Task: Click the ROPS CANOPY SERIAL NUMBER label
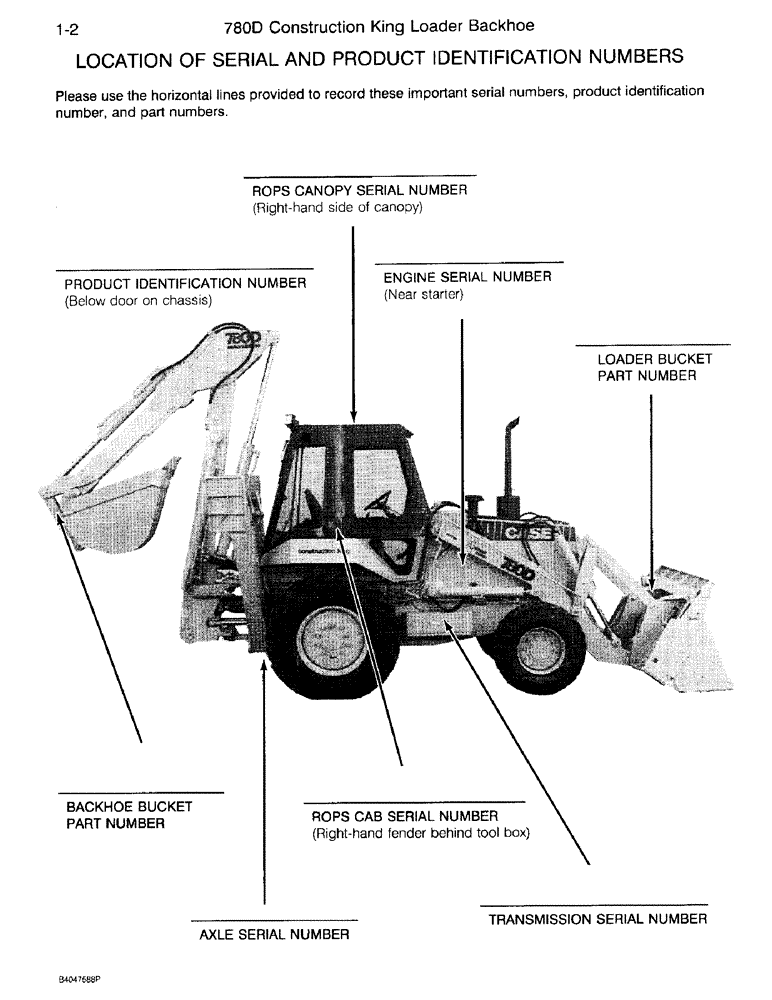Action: coord(359,190)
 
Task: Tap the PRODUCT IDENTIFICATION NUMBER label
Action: coord(185,283)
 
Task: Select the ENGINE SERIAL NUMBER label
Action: coord(467,277)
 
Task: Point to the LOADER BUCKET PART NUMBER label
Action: coord(654,367)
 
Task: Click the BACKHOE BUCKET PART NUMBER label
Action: coord(129,815)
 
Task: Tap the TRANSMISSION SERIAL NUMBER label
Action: coord(597,920)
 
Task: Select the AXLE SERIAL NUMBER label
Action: coord(275,935)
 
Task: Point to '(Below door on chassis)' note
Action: coord(138,301)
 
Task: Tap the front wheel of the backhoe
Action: coord(540,647)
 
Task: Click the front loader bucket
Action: coord(675,625)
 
